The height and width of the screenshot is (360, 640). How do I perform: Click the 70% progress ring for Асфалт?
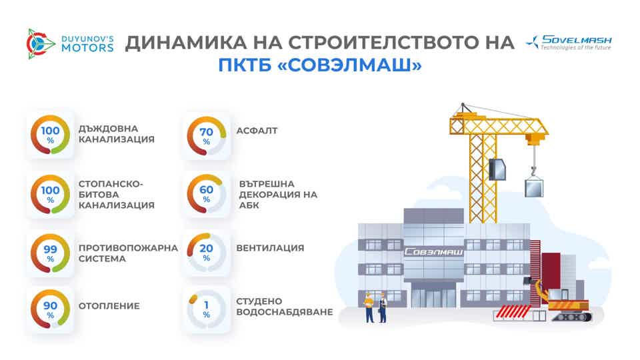click(x=206, y=135)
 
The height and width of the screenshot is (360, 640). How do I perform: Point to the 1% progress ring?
click(x=206, y=309)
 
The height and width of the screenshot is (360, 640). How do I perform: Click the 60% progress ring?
click(x=206, y=194)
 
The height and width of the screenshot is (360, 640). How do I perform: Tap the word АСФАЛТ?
click(x=257, y=131)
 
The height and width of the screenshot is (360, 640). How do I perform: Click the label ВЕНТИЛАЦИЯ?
click(x=270, y=248)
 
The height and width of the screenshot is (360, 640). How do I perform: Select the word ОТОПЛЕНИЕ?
click(x=109, y=306)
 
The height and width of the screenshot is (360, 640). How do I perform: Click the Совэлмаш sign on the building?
click(x=434, y=253)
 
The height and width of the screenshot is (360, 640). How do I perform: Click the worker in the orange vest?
click(x=369, y=307)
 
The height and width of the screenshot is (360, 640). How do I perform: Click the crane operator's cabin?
click(x=497, y=170)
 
